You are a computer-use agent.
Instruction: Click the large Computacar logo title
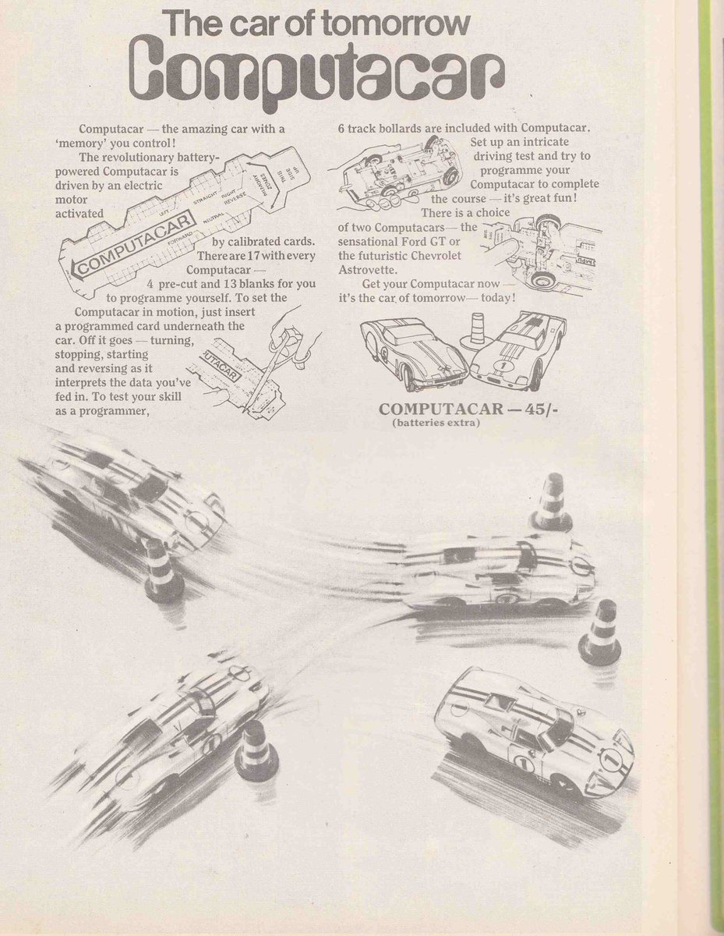tap(319, 75)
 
